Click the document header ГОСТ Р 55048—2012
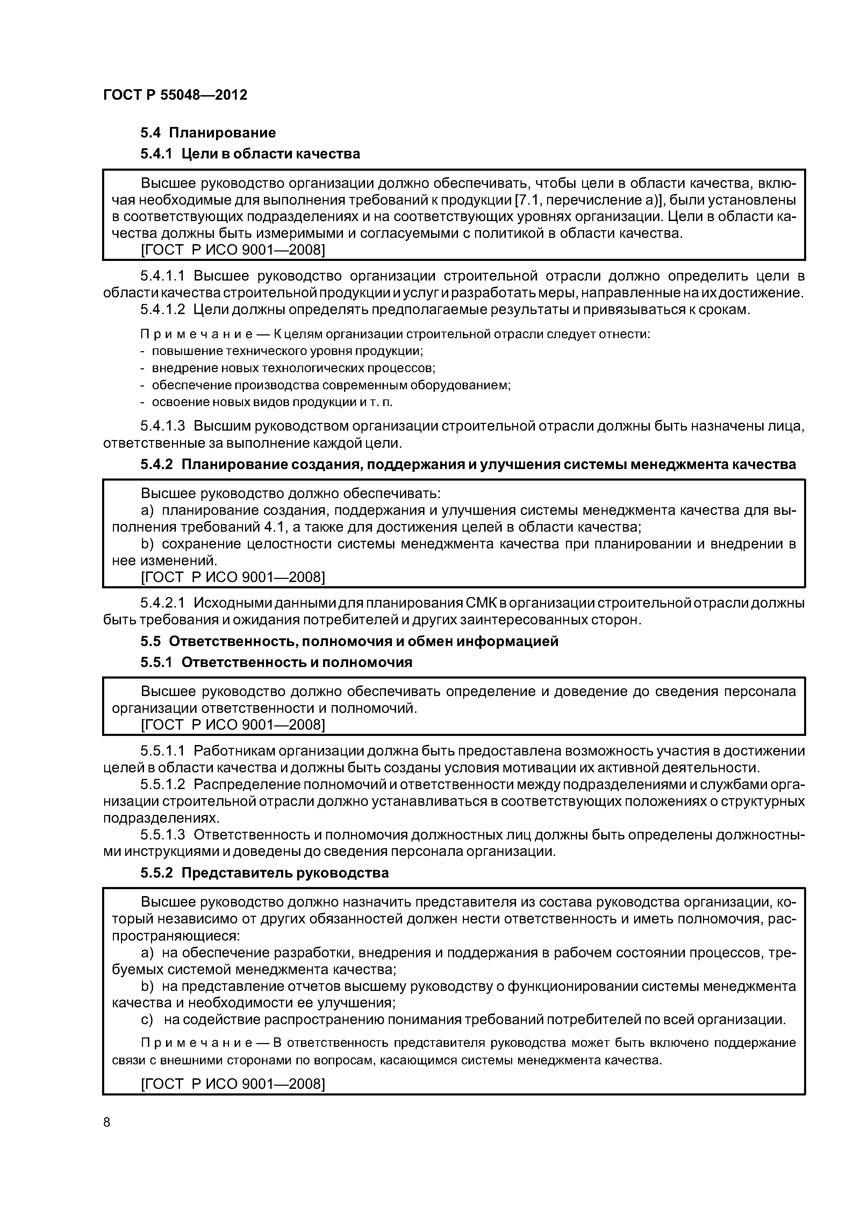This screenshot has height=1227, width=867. tap(175, 95)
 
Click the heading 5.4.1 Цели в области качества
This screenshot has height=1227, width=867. tap(250, 154)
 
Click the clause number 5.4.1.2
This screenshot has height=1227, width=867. tap(163, 310)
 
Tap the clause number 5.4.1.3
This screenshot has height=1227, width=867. tap(163, 426)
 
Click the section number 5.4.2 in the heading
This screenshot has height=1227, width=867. tap(157, 464)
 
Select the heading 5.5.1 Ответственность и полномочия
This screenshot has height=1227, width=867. tap(276, 663)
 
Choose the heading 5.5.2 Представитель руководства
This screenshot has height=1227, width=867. tap(264, 873)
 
